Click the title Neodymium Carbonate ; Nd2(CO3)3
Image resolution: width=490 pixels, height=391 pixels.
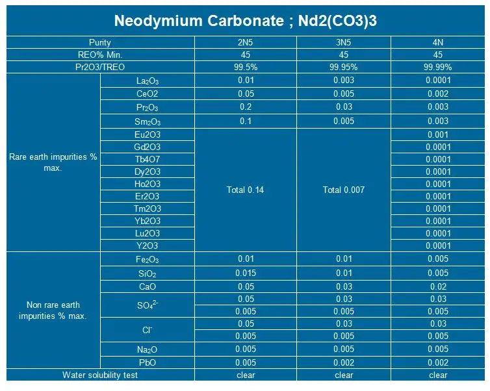[x=246, y=19]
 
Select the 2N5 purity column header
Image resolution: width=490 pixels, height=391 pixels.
[x=245, y=42]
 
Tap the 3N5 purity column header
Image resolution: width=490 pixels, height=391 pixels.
[x=343, y=42]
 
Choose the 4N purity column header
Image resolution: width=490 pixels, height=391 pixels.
[x=438, y=42]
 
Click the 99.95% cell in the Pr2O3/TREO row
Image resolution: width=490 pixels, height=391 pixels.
[x=343, y=67]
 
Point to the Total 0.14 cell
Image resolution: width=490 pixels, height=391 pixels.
[x=245, y=190]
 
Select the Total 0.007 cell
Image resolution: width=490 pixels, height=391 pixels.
[x=343, y=190]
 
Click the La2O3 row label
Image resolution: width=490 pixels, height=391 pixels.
[x=148, y=81]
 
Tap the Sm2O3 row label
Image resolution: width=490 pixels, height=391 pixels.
[x=148, y=121]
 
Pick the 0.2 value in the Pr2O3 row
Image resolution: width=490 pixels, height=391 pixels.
[x=245, y=107]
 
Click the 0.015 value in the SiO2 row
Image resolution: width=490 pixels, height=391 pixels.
[x=245, y=273]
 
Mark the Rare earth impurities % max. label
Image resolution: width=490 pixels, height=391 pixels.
[x=53, y=162]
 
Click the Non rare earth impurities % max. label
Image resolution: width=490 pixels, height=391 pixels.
[x=53, y=310]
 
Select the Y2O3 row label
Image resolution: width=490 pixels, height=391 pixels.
[x=148, y=246]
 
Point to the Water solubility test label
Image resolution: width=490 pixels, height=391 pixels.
[x=100, y=375]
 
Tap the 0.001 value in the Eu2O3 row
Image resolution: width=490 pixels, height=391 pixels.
[x=438, y=134]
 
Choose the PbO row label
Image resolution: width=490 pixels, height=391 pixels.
[x=148, y=362]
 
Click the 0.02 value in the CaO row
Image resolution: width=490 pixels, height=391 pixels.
[x=438, y=286]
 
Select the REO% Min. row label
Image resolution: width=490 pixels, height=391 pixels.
[x=100, y=55]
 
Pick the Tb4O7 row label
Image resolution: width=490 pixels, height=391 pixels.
[x=148, y=159]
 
